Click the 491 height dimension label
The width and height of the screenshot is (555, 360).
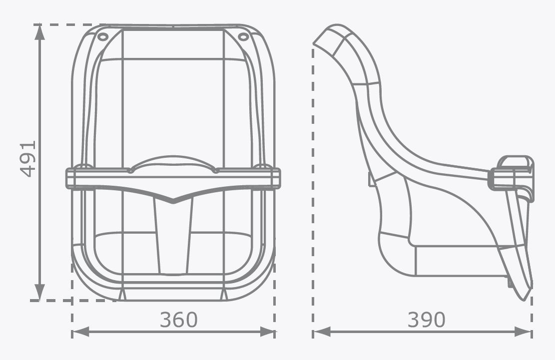[28, 159]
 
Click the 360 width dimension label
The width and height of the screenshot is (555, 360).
[178, 320]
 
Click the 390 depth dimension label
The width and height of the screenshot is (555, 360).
[426, 320]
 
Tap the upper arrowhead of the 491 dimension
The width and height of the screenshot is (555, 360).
[40, 32]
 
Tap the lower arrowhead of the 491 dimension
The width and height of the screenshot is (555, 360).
[40, 293]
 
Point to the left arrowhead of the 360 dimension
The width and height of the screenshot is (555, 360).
[80, 332]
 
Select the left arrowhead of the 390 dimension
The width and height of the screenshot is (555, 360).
[321, 332]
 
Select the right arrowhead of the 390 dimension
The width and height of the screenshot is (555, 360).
[523, 332]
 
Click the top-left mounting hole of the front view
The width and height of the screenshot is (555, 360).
[102, 36]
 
